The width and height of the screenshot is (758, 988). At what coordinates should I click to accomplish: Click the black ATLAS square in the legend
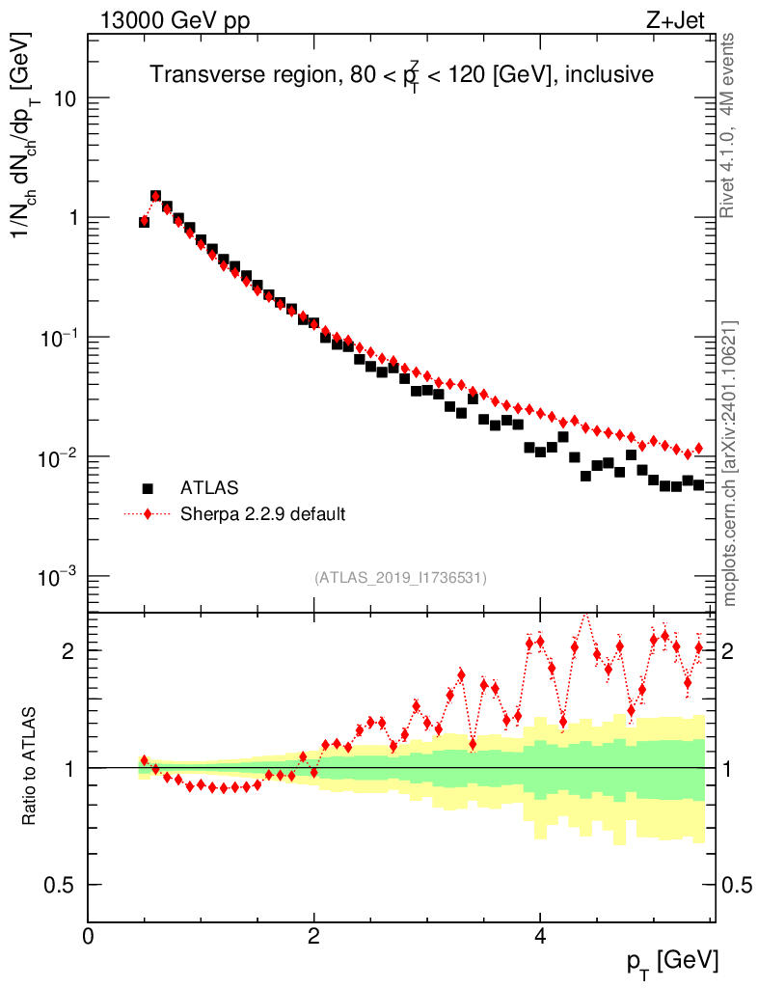[x=148, y=488]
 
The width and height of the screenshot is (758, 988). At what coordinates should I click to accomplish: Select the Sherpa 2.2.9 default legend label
[x=262, y=514]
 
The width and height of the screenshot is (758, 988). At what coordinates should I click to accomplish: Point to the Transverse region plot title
[x=401, y=75]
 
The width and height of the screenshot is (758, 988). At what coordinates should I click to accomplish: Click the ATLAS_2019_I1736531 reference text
[x=399, y=578]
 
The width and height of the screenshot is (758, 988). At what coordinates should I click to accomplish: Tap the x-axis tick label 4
[x=540, y=937]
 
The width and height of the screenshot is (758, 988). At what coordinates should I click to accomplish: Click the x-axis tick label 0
[x=89, y=937]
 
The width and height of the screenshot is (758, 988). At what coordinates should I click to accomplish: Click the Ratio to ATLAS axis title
[x=30, y=767]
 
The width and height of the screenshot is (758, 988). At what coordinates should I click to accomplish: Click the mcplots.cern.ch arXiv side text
[x=731, y=463]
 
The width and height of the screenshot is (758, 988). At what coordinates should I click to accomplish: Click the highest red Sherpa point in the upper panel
[x=155, y=196]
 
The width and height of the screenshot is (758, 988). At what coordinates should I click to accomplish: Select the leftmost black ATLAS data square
[x=145, y=222]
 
